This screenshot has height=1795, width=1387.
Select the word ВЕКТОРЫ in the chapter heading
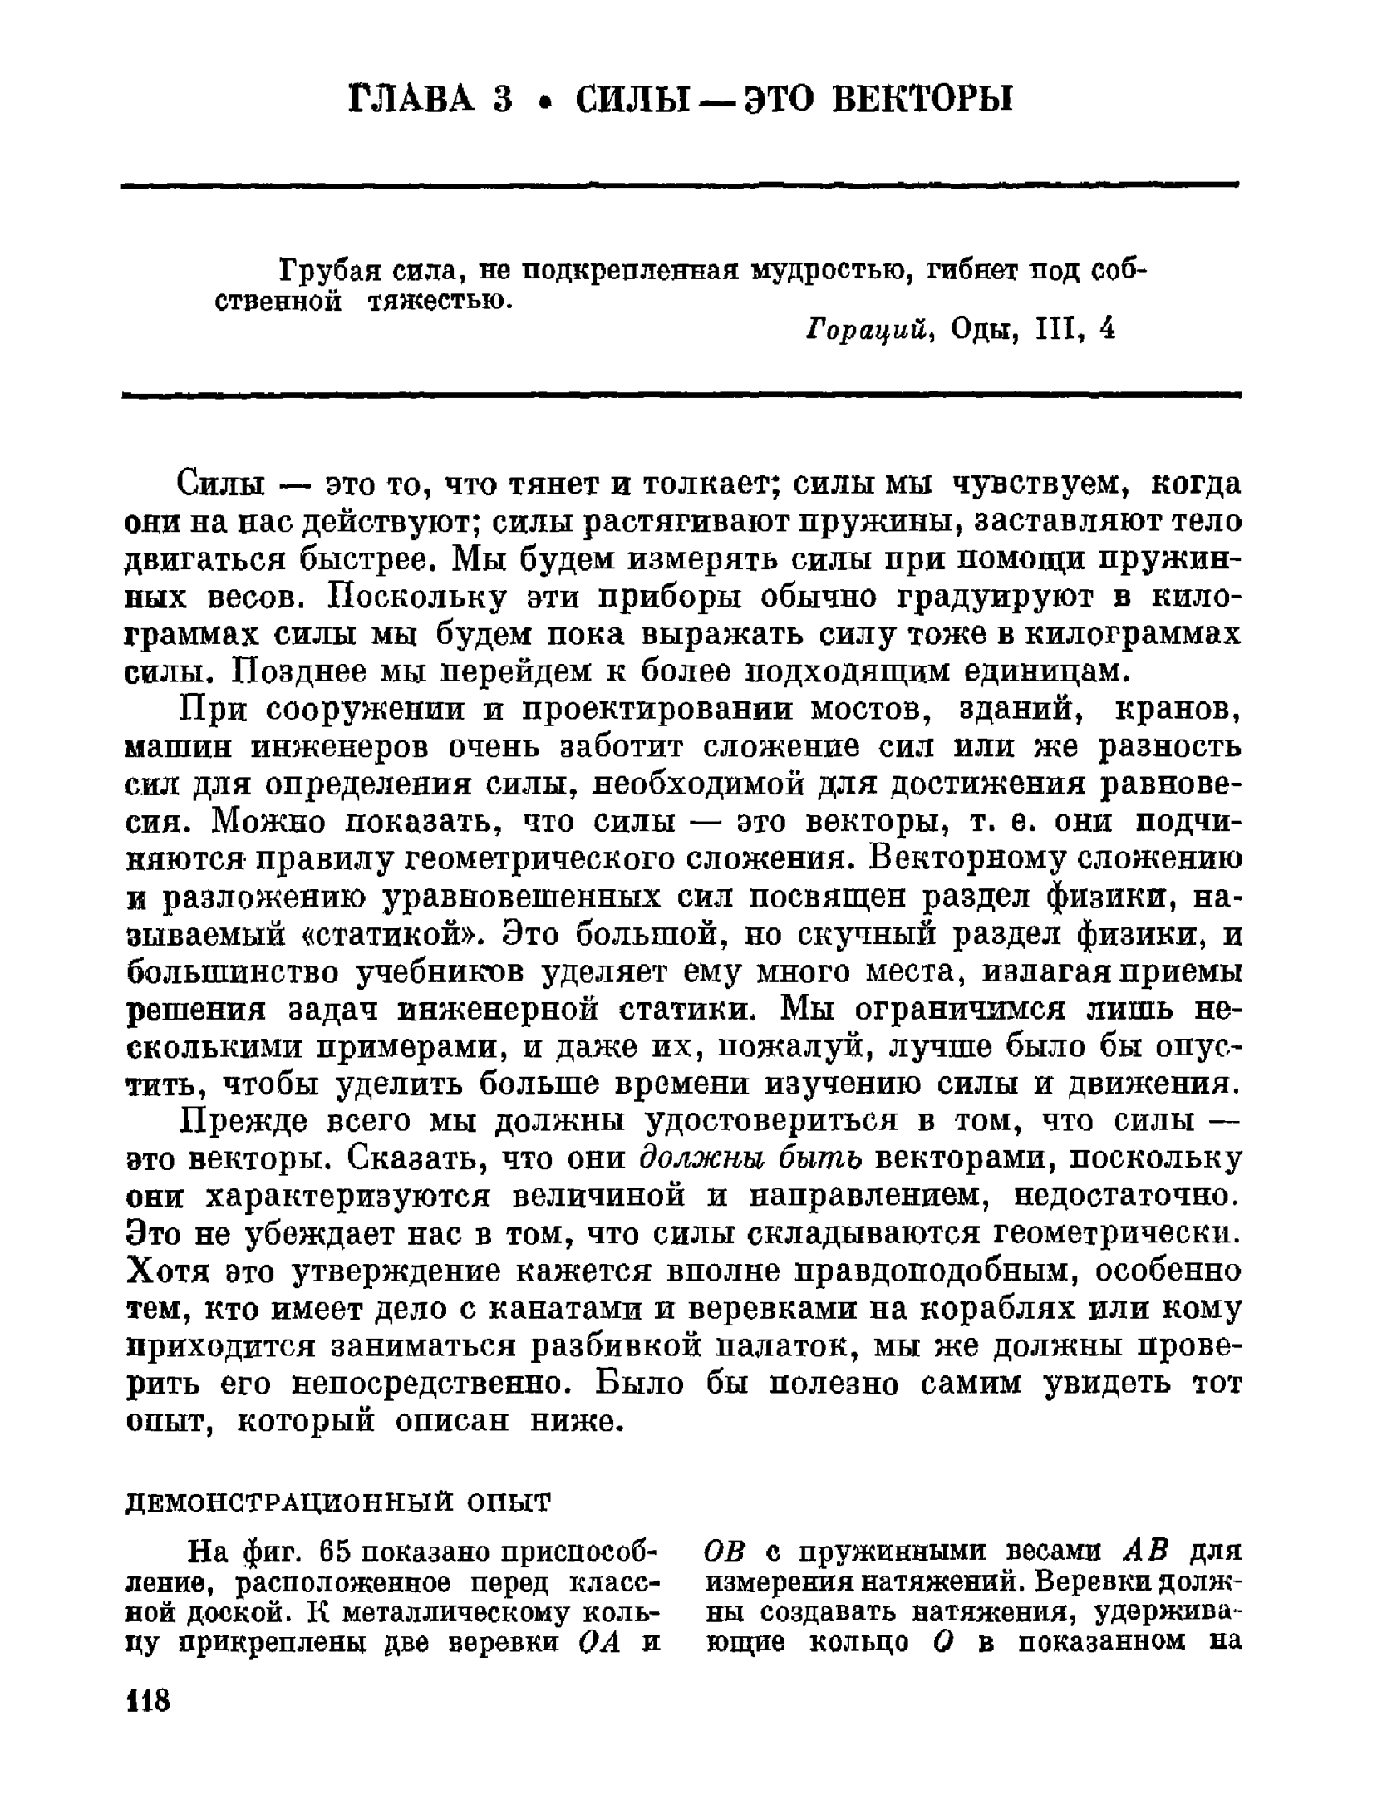pyautogui.click(x=922, y=100)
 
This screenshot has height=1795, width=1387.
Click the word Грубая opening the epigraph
pyautogui.click(x=329, y=272)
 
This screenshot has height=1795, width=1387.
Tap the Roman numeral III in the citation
pyautogui.click(x=1057, y=331)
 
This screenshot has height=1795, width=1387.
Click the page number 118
pyautogui.click(x=147, y=1700)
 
